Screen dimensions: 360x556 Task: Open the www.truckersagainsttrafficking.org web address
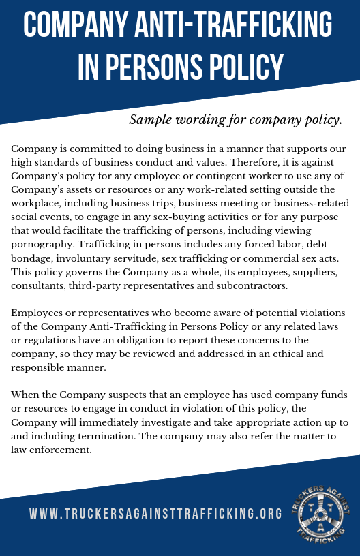[155, 513]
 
